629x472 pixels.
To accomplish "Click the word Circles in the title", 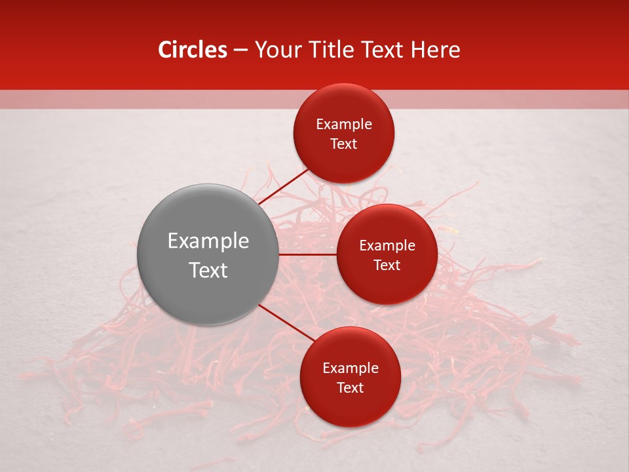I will point(192,50).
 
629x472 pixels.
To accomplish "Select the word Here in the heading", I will point(435,50).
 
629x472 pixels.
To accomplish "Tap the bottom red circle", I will point(350,406).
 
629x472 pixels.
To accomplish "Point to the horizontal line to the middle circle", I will point(308,254).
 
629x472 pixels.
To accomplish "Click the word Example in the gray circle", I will point(208,241).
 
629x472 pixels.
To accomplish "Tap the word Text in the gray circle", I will point(208,270).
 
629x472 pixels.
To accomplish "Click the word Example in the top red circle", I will point(344,124).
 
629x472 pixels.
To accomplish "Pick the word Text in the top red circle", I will point(344,144).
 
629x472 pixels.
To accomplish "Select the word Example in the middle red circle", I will point(387,245).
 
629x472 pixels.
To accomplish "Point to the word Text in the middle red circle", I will point(387,265).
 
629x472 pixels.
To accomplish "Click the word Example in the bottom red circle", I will point(351,368).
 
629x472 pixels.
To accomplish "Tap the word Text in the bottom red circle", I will point(351,387).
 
